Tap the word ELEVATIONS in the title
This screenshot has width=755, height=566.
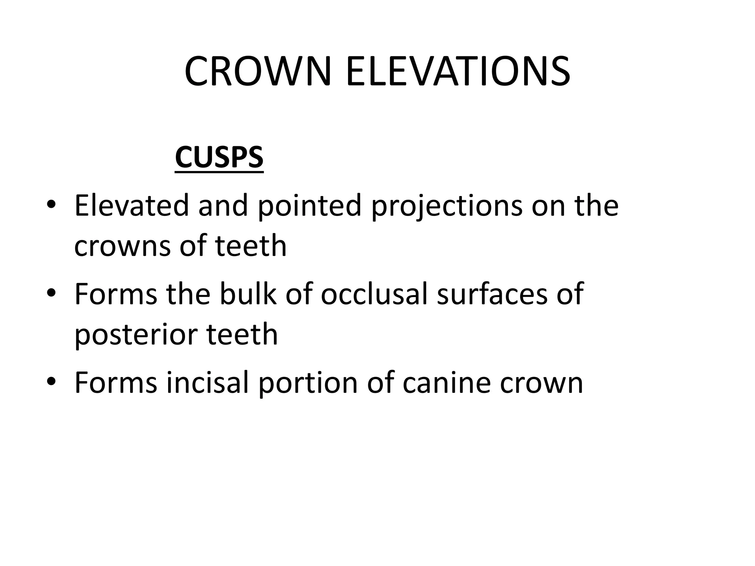coord(458,71)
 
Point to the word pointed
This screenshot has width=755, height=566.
coord(309,206)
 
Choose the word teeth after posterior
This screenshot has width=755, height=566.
coord(242,334)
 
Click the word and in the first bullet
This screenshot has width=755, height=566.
coord(223,205)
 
